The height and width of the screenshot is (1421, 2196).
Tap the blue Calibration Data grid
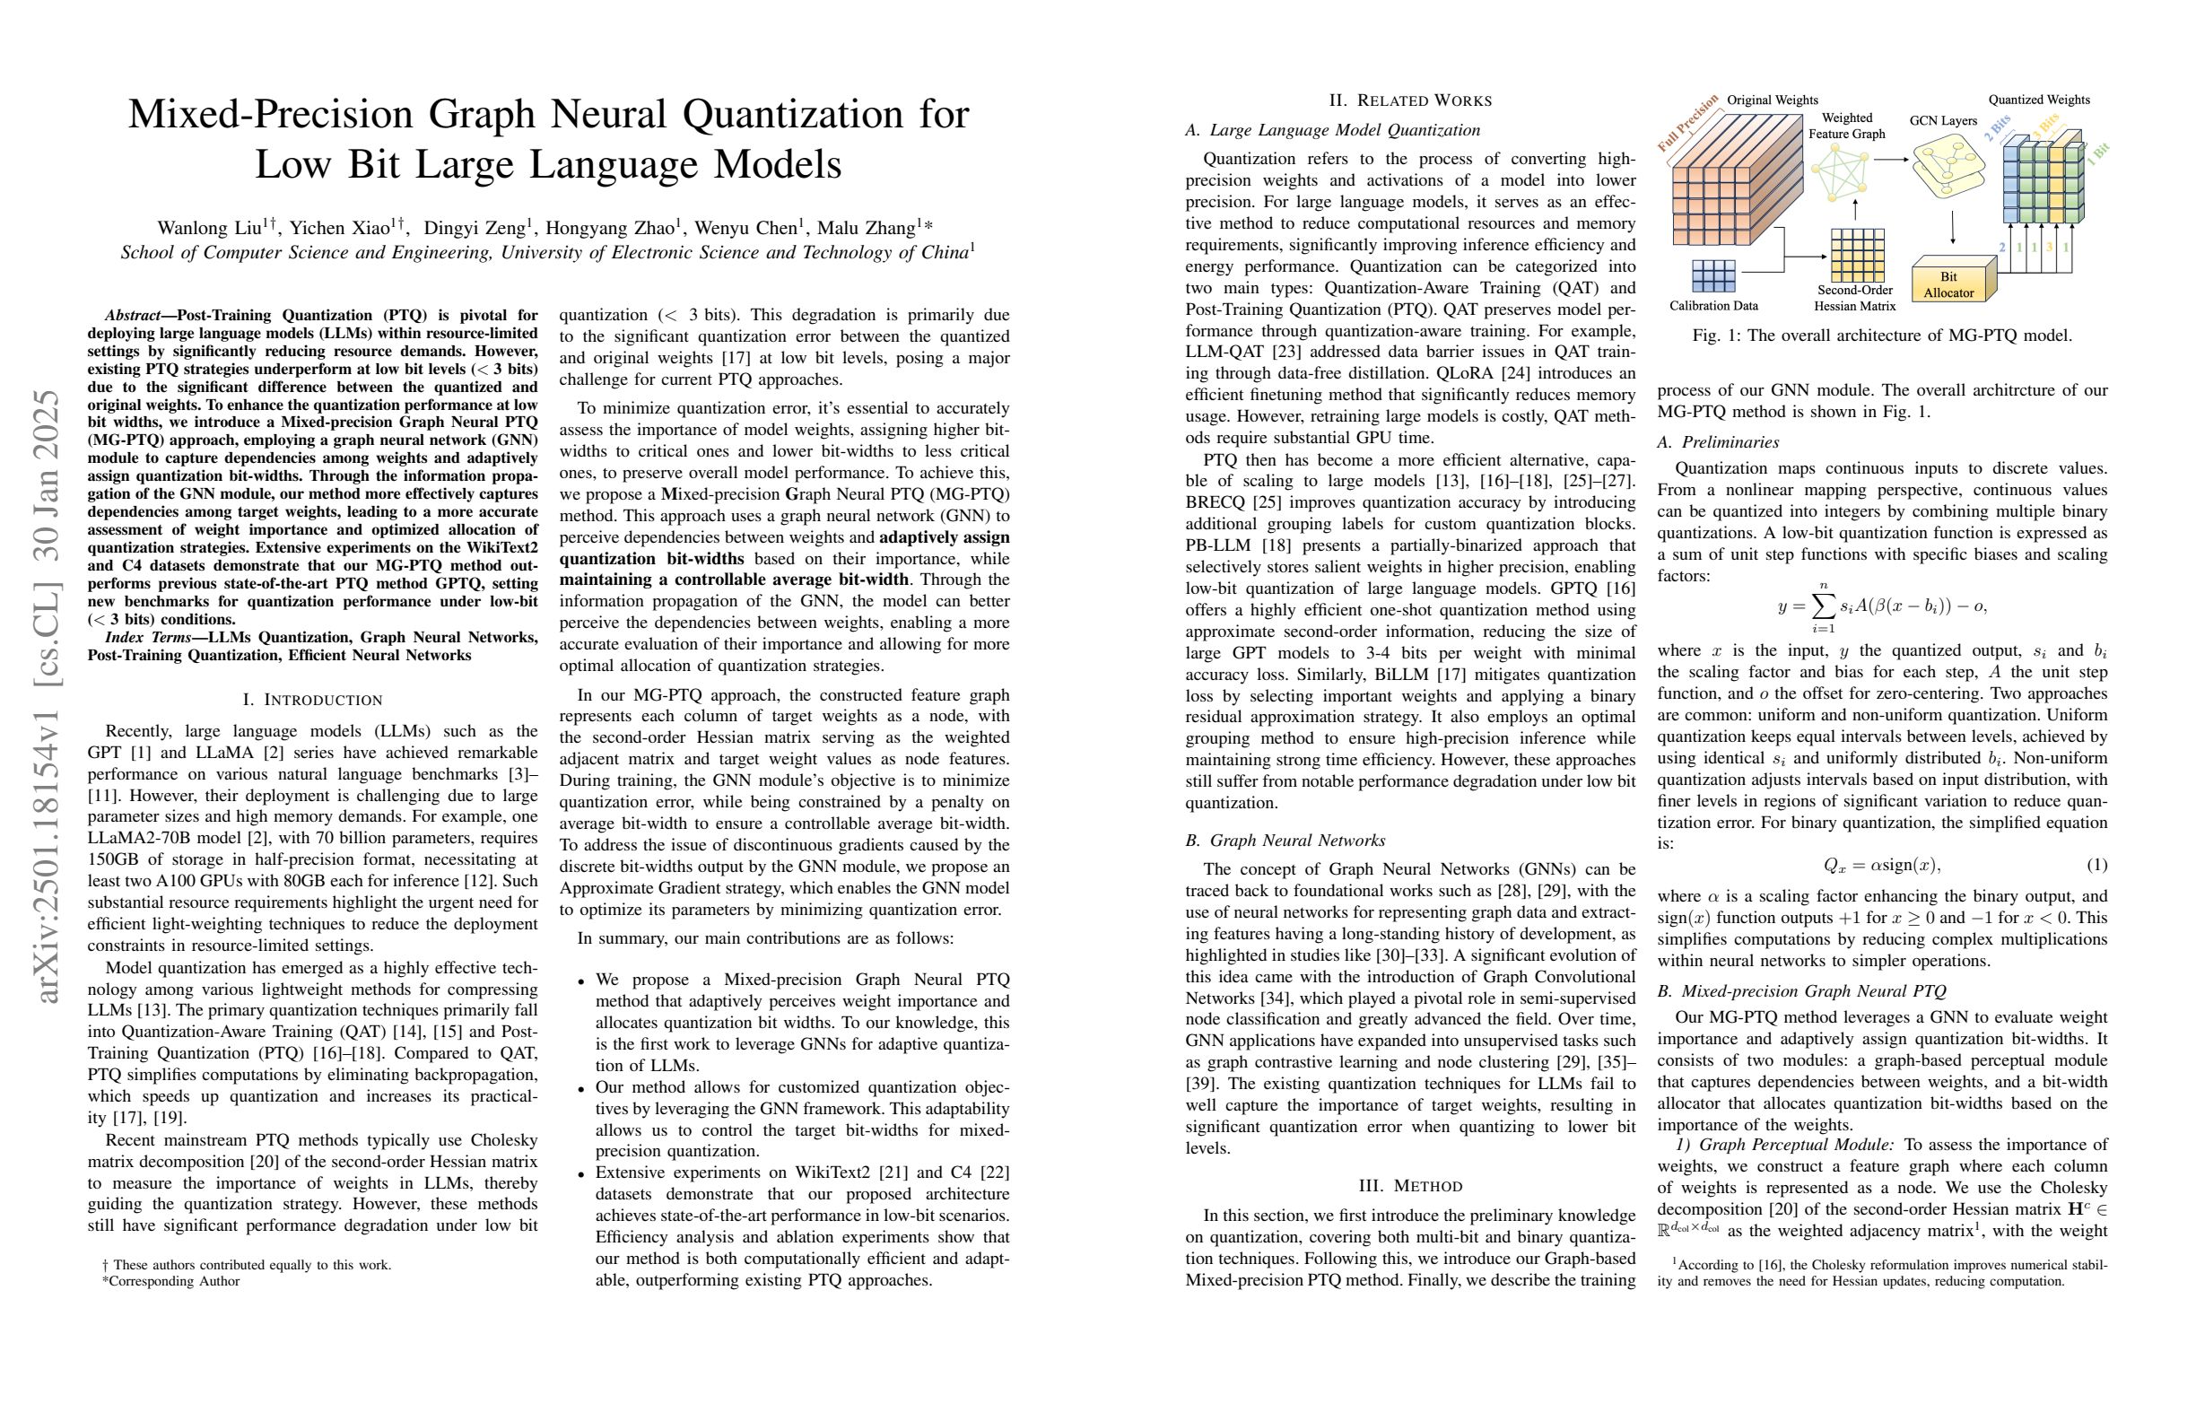click(x=1713, y=275)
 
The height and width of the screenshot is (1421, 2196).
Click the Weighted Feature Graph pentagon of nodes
click(x=1840, y=170)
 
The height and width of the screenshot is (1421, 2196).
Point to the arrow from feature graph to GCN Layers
click(x=1891, y=160)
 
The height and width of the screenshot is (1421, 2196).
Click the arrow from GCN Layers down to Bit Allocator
click(x=1952, y=228)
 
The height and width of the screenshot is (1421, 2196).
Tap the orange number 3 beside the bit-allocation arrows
click(x=2049, y=248)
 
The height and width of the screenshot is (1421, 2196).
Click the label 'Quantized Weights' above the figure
click(x=2038, y=100)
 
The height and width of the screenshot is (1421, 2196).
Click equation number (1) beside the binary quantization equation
click(x=2096, y=865)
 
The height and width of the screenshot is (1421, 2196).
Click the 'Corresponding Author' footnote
click(x=175, y=1281)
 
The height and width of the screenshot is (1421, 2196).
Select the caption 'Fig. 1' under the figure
click(x=1714, y=336)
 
